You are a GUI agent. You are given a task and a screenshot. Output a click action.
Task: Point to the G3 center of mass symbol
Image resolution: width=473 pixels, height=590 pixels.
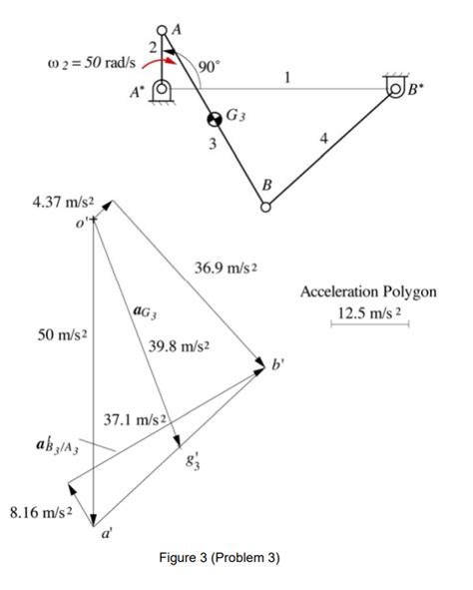[214, 120]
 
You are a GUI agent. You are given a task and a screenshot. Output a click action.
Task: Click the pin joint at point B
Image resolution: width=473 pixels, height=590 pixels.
[265, 208]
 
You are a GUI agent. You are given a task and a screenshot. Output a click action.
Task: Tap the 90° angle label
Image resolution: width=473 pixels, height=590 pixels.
[210, 66]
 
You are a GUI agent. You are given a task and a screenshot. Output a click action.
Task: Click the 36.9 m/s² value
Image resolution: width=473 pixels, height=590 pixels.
[229, 267]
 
